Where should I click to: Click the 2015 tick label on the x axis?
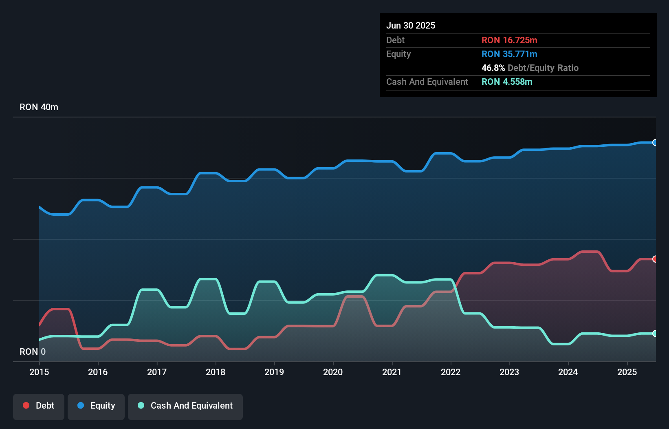(x=39, y=372)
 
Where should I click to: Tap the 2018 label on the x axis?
(x=216, y=372)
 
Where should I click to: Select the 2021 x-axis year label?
(x=392, y=372)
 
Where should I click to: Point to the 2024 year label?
(x=568, y=372)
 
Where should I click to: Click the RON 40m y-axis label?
(x=39, y=107)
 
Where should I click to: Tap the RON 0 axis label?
(x=33, y=352)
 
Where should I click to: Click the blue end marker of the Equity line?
(x=655, y=142)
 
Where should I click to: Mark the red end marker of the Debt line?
(x=655, y=259)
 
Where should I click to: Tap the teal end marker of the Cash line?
(x=655, y=333)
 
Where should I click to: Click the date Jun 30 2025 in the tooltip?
(x=411, y=25)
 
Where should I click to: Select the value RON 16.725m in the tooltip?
(x=509, y=40)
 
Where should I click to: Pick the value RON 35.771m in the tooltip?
(x=509, y=54)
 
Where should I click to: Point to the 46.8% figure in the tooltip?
(x=493, y=68)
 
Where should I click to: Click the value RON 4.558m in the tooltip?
(x=507, y=82)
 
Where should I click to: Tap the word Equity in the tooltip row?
(x=398, y=54)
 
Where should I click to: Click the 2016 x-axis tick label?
(x=98, y=372)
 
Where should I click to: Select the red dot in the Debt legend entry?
(x=26, y=405)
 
